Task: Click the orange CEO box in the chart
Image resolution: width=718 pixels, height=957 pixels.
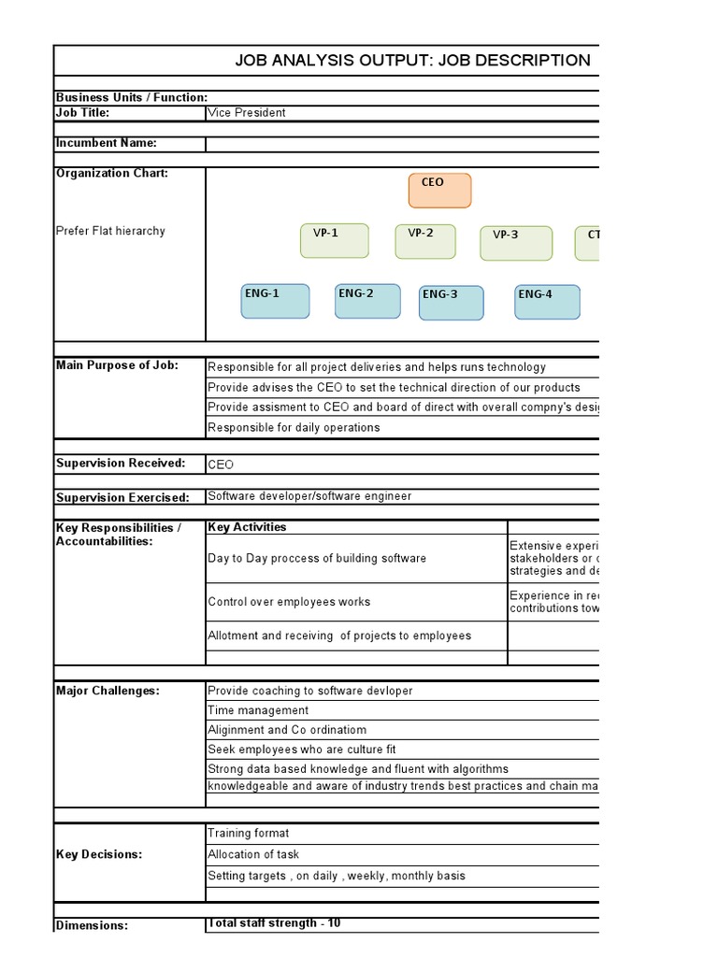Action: click(x=439, y=191)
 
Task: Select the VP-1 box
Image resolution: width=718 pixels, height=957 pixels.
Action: click(x=334, y=241)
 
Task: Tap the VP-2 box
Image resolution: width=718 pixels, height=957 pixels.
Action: click(x=424, y=241)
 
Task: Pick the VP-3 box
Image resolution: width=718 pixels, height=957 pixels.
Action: click(x=515, y=243)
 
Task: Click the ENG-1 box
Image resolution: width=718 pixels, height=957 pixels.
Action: click(x=275, y=301)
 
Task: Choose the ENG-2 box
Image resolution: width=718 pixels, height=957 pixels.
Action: click(x=367, y=301)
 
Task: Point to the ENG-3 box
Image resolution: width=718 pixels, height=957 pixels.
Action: click(x=451, y=303)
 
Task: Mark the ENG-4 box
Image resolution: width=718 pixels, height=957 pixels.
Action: click(x=547, y=302)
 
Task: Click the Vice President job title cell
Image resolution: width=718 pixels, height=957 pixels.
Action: click(x=247, y=113)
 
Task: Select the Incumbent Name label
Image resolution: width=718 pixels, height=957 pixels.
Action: click(x=107, y=143)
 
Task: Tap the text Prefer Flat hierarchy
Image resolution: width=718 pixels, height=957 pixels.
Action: click(x=110, y=231)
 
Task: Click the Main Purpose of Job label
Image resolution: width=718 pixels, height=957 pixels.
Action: click(x=117, y=365)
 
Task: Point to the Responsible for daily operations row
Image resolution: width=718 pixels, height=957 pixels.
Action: click(x=294, y=428)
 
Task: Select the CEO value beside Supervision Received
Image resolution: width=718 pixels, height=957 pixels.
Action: click(x=221, y=464)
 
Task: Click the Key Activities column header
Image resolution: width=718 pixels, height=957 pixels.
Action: click(x=247, y=527)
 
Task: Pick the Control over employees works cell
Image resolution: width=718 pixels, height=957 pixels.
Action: click(x=289, y=603)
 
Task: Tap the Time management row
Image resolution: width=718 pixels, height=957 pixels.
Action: click(x=258, y=710)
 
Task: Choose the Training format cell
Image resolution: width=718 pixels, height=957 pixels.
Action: click(x=249, y=834)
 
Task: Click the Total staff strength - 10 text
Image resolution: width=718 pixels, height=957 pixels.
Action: click(x=274, y=923)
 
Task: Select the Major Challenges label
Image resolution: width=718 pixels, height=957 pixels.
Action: click(x=108, y=691)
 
